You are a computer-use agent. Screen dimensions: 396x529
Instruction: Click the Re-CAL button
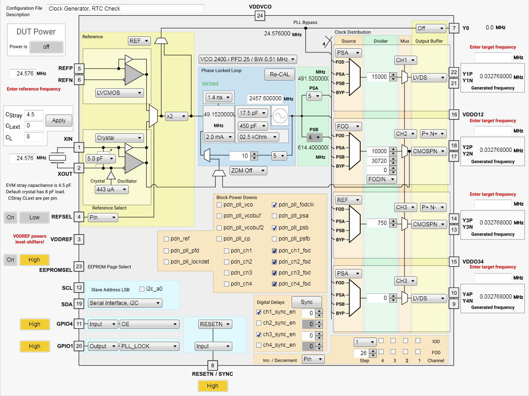pyautogui.click(x=280, y=74)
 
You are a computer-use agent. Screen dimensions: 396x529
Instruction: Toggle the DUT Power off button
pyautogui.click(x=46, y=47)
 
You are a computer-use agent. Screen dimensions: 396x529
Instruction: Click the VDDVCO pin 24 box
pyautogui.click(x=260, y=16)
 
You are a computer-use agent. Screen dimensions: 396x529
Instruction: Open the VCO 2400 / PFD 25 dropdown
pyautogui.click(x=247, y=59)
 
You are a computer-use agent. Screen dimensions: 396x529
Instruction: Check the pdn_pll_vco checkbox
pyautogui.click(x=219, y=205)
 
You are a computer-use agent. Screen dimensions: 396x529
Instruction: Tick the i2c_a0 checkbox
pyautogui.click(x=141, y=289)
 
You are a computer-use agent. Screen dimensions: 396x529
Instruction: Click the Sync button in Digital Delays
pyautogui.click(x=307, y=302)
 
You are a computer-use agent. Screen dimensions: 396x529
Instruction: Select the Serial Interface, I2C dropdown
pyautogui.click(x=125, y=303)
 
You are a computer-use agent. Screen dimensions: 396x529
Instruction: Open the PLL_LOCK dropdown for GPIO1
pyautogui.click(x=149, y=346)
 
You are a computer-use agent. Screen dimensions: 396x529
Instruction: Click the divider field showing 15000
pyautogui.click(x=378, y=77)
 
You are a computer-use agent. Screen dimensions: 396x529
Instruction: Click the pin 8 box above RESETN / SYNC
pyautogui.click(x=212, y=366)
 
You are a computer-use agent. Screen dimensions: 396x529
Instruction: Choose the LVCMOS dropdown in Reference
pyautogui.click(x=119, y=93)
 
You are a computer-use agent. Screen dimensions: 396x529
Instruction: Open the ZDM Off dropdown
pyautogui.click(x=248, y=171)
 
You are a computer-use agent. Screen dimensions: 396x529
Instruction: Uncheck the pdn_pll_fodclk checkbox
pyautogui.click(x=275, y=205)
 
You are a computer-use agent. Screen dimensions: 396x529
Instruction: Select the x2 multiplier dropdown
pyautogui.click(x=177, y=117)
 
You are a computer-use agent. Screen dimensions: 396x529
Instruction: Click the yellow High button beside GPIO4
pyautogui.click(x=34, y=324)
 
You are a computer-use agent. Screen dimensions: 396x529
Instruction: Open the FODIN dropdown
pyautogui.click(x=381, y=179)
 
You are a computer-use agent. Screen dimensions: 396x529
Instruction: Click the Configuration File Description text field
pyautogui.click(x=125, y=9)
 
